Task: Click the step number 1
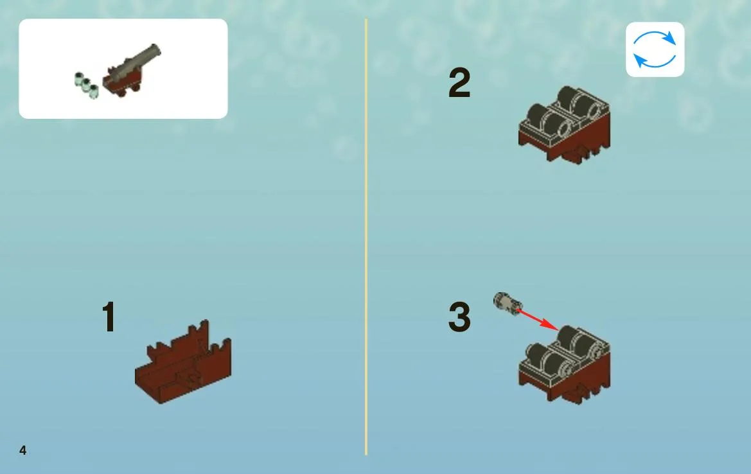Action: [x=109, y=316]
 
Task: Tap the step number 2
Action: [x=459, y=83]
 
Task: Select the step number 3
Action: [x=459, y=317]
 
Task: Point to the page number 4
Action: [x=22, y=450]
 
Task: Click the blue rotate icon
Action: [x=655, y=49]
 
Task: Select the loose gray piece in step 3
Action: [x=508, y=304]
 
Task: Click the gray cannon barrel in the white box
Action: [x=139, y=62]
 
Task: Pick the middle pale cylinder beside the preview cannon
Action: [x=86, y=85]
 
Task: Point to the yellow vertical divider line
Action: [x=366, y=236]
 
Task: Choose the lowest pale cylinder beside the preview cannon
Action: [x=93, y=91]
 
